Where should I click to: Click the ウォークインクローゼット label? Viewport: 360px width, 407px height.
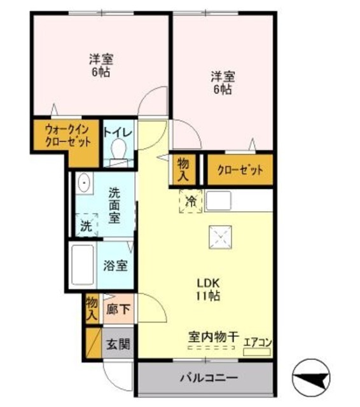coord(66,135)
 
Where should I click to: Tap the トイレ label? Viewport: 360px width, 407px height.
coord(118,132)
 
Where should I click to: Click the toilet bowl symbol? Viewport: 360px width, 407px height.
coord(118,151)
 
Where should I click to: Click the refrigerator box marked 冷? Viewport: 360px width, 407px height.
coord(191,202)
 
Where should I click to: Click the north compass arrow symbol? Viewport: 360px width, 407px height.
coord(312,379)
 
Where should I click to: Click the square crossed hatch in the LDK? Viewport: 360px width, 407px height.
coord(221,238)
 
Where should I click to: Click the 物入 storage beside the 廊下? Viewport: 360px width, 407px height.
coord(92,307)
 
